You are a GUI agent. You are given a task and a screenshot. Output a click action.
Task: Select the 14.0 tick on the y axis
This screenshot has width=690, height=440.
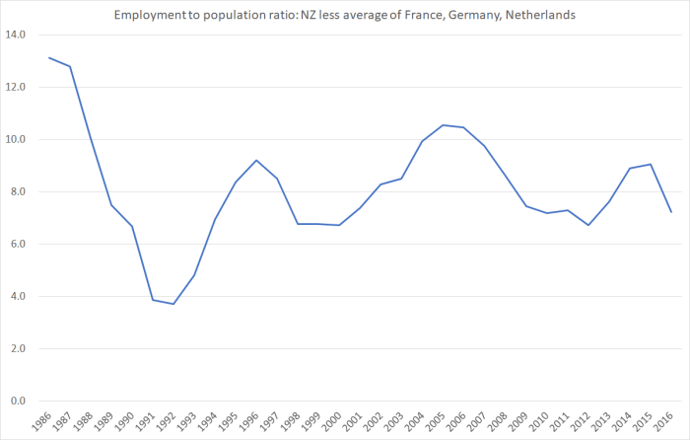(x=16, y=36)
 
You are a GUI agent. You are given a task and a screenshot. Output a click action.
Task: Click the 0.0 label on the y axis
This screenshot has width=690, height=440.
(x=19, y=402)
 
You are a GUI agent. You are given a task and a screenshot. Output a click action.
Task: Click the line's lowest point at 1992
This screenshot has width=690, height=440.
(x=173, y=304)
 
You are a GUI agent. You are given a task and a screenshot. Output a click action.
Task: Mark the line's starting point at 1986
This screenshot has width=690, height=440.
(x=49, y=57)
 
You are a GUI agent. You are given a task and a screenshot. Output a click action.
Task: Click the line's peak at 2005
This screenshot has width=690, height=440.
(x=443, y=125)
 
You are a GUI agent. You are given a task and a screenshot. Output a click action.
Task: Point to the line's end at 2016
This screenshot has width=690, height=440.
(x=671, y=212)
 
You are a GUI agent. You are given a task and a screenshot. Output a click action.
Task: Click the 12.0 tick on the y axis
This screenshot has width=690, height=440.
(x=16, y=88)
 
